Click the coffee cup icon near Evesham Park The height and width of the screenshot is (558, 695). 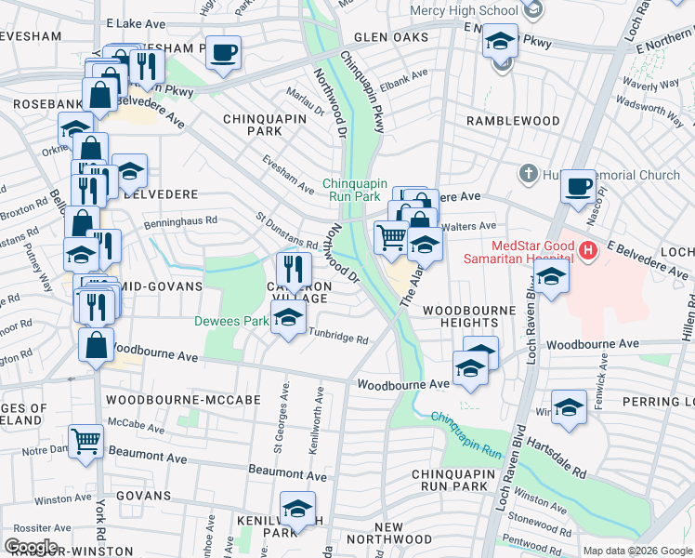pyautogui.click(x=222, y=53)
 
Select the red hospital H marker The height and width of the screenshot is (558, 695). pyautogui.click(x=587, y=249)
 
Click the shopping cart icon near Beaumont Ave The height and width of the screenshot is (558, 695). pyautogui.click(x=85, y=439)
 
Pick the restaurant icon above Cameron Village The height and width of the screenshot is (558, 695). pyautogui.click(x=294, y=269)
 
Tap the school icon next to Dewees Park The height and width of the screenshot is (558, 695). pyautogui.click(x=288, y=318)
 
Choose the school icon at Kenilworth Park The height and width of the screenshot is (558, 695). pyautogui.click(x=297, y=510)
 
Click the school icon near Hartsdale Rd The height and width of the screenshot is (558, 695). pyautogui.click(x=569, y=406)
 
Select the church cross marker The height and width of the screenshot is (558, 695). pyautogui.click(x=528, y=174)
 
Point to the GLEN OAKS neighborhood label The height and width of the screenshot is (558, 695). pyautogui.click(x=390, y=37)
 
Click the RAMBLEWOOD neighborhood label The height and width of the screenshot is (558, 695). pyautogui.click(x=513, y=121)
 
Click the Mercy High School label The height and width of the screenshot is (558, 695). pyautogui.click(x=465, y=11)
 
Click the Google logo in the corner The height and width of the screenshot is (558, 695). pyautogui.click(x=31, y=547)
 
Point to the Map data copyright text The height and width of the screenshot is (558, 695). pyautogui.click(x=636, y=551)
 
